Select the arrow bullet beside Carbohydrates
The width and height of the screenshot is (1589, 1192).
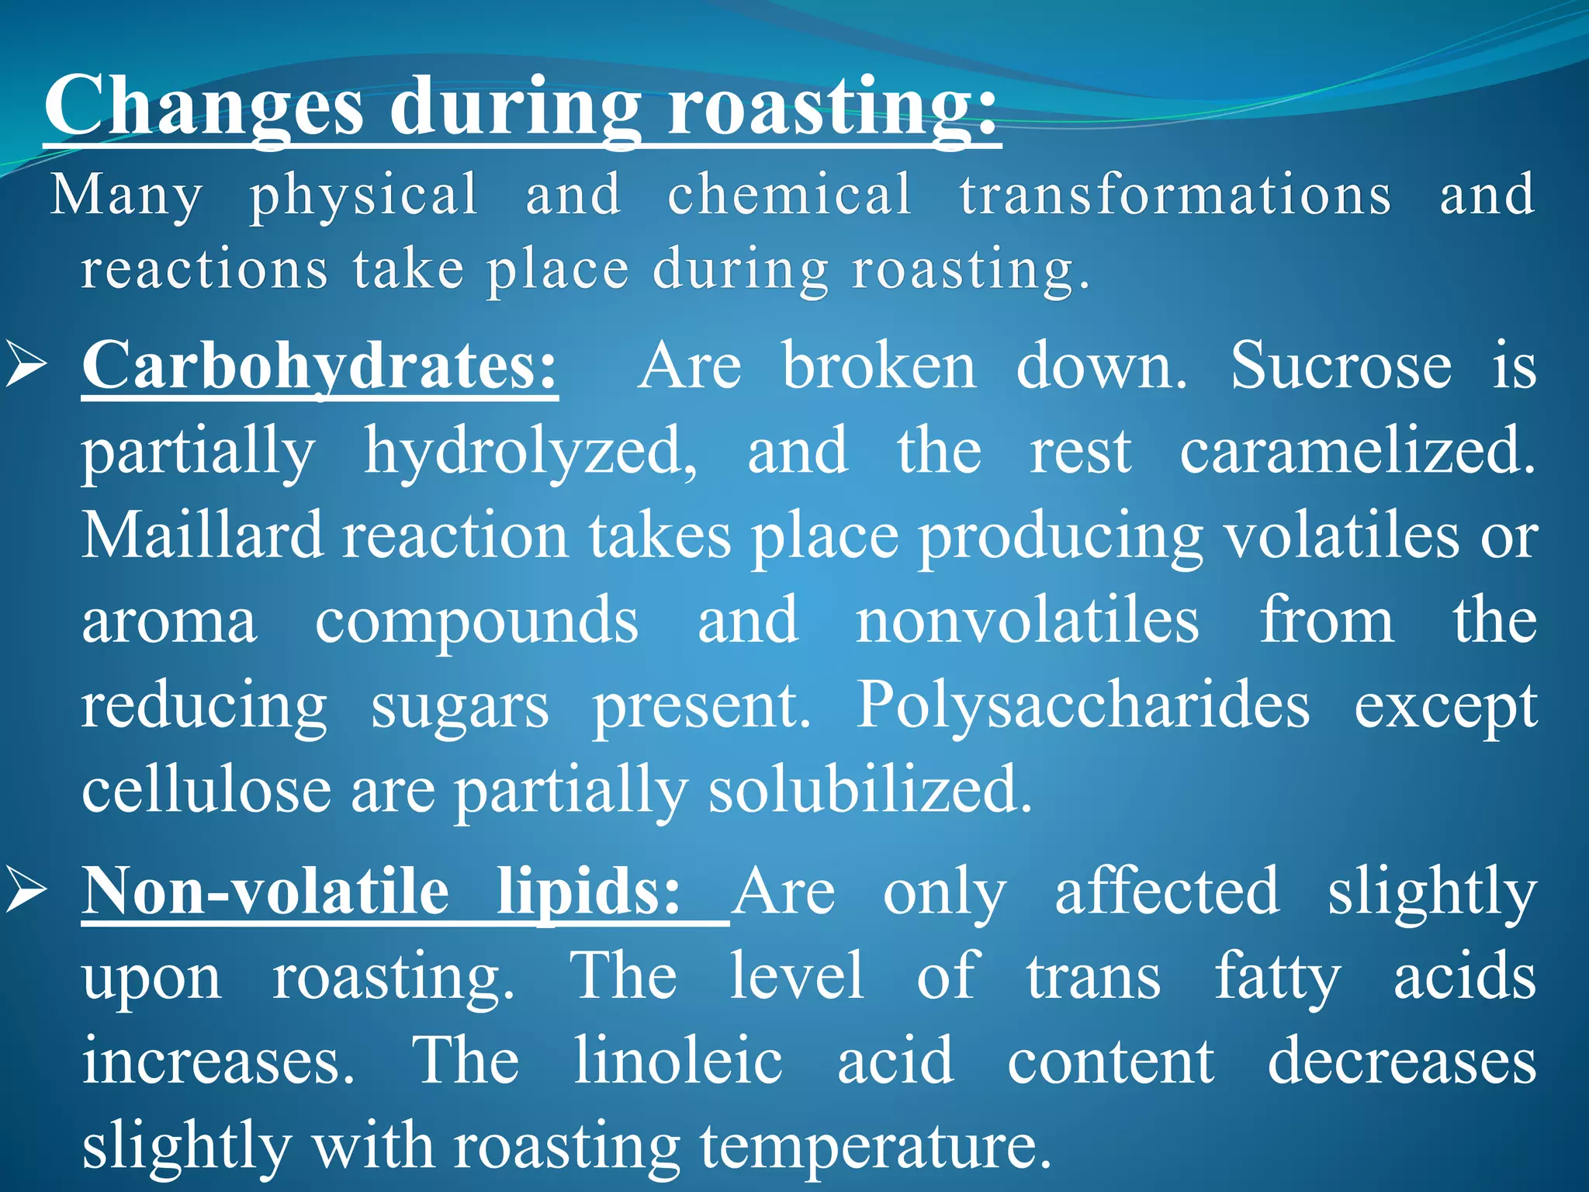pyautogui.click(x=28, y=366)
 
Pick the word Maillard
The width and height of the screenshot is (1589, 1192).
pyautogui.click(x=202, y=535)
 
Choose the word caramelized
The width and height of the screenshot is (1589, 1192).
pyautogui.click(x=1357, y=450)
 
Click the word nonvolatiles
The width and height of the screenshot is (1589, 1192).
pyautogui.click(x=1026, y=620)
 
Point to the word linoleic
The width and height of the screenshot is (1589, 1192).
pyautogui.click(x=678, y=1061)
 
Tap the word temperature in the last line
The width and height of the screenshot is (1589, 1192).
pyautogui.click(x=876, y=1146)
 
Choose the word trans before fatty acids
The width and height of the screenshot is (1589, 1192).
pyautogui.click(x=1093, y=976)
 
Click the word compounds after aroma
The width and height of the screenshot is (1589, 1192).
pyautogui.click(x=476, y=622)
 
